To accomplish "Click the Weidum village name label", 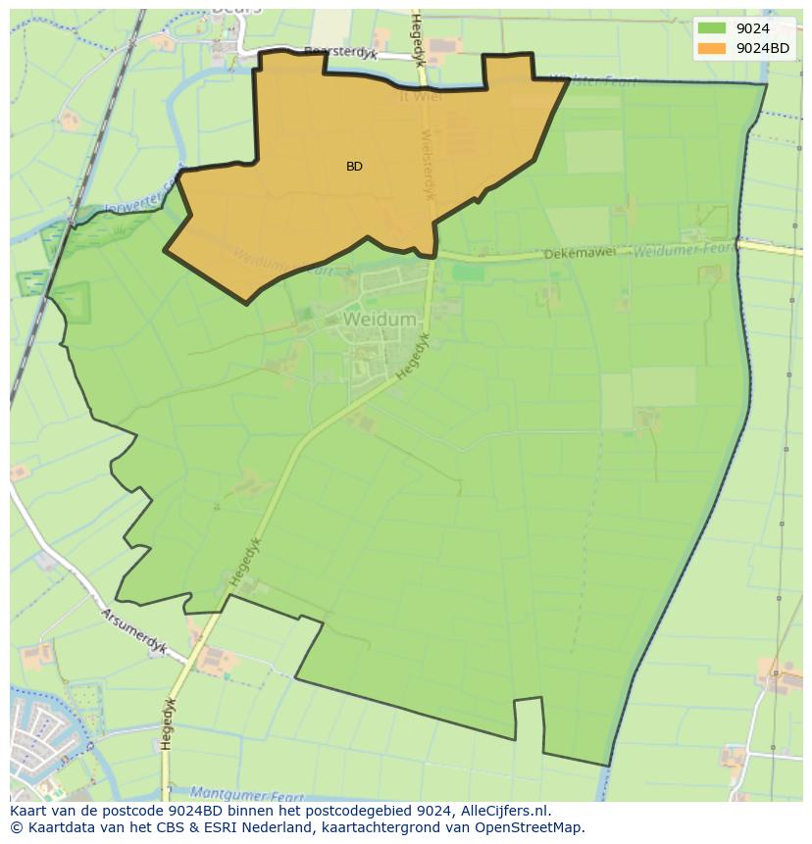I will [380, 320].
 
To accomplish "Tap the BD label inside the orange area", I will [354, 167].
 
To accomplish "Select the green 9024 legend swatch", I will [713, 28].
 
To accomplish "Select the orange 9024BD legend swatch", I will [713, 48].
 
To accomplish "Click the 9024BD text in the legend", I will [763, 48].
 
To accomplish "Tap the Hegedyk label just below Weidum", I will [414, 356].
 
